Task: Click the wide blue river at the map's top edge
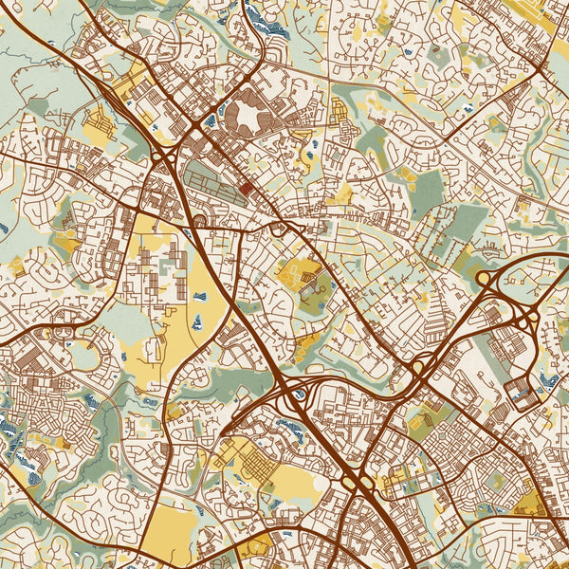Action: (270, 24)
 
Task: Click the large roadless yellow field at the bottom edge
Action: (171, 528)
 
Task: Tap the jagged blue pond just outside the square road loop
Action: (547, 381)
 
